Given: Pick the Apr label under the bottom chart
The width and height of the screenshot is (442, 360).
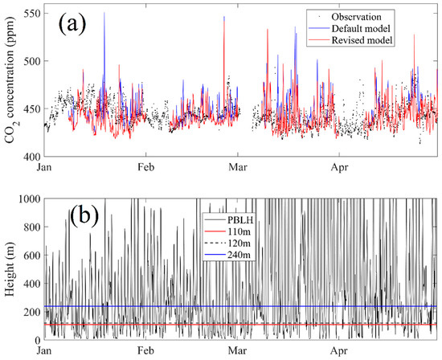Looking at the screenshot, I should pos(341,352).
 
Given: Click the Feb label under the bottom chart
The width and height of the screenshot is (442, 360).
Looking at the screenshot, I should pos(146,352).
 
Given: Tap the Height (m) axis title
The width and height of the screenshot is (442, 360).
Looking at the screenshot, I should pos(10,269).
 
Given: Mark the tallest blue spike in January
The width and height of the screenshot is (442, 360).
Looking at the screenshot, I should pos(104,14).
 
